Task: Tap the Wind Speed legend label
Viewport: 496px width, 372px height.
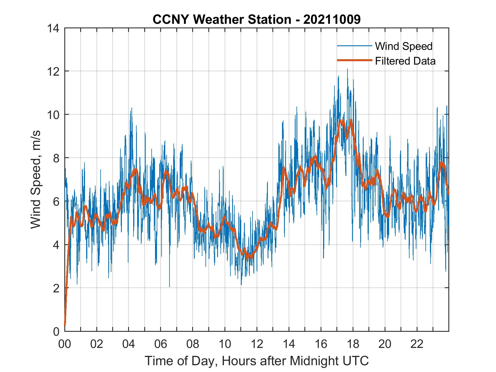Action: coord(404,46)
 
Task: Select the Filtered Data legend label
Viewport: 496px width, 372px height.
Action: coord(405,61)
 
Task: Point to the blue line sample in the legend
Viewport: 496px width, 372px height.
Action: coord(354,46)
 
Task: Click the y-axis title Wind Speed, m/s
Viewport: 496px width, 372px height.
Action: coord(36,179)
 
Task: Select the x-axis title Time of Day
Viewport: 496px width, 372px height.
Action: coord(257,361)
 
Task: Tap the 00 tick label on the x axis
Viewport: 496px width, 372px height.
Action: coord(65,344)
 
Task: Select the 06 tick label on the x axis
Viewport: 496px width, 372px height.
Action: coord(161,344)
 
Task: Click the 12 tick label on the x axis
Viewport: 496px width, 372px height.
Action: coord(257,344)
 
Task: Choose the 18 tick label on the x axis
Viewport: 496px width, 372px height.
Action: coord(353,344)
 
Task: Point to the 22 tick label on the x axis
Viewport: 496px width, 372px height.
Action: coord(417,344)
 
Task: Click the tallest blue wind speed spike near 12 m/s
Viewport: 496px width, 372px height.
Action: coord(347,69)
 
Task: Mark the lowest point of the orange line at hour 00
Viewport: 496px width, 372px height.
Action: coord(65,325)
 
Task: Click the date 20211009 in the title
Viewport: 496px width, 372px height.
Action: coord(332,20)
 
